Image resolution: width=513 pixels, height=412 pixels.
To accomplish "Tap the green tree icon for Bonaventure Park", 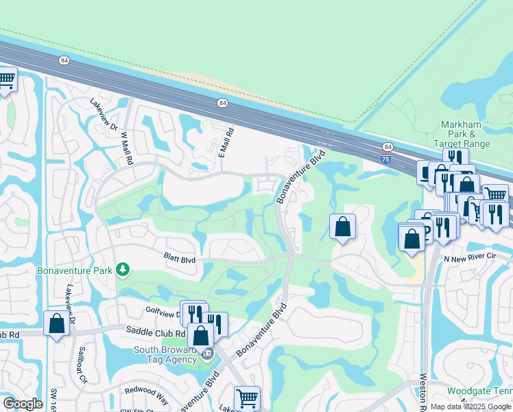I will pos(123,268).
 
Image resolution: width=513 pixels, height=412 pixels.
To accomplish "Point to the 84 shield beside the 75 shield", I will pos(388,147).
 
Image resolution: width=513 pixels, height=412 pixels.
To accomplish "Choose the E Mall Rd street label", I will pos(227,142).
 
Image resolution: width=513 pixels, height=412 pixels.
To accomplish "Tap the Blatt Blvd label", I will pos(180,259).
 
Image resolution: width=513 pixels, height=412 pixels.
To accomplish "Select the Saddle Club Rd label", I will pos(155,331).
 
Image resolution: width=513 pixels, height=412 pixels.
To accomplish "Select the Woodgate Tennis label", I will pos(480,391).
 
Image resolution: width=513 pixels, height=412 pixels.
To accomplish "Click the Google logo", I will pos(23,404).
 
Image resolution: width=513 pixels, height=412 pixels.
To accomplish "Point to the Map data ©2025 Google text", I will pos(470,407).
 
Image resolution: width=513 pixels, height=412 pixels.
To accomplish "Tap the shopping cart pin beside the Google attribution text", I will pos(247,398).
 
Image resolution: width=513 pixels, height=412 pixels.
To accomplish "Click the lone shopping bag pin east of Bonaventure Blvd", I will pos(342,227).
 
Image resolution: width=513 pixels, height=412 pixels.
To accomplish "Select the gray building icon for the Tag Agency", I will pos(207,354).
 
